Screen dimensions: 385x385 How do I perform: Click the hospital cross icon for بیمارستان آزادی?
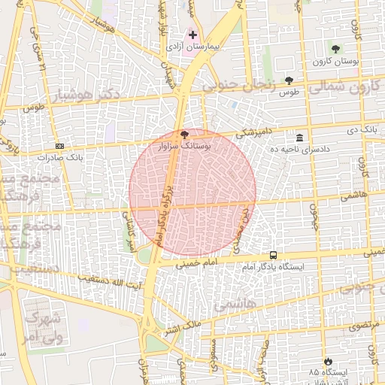(x=192, y=35)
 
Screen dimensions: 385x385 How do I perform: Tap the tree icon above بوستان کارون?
(x=335, y=49)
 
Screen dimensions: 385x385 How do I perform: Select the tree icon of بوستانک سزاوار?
(x=185, y=134)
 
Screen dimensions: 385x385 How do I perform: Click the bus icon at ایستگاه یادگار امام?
(x=273, y=256)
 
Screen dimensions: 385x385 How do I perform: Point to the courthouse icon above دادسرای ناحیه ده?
(x=300, y=138)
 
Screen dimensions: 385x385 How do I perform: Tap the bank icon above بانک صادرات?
(x=59, y=146)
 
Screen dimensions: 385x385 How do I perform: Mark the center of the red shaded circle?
(x=192, y=192)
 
